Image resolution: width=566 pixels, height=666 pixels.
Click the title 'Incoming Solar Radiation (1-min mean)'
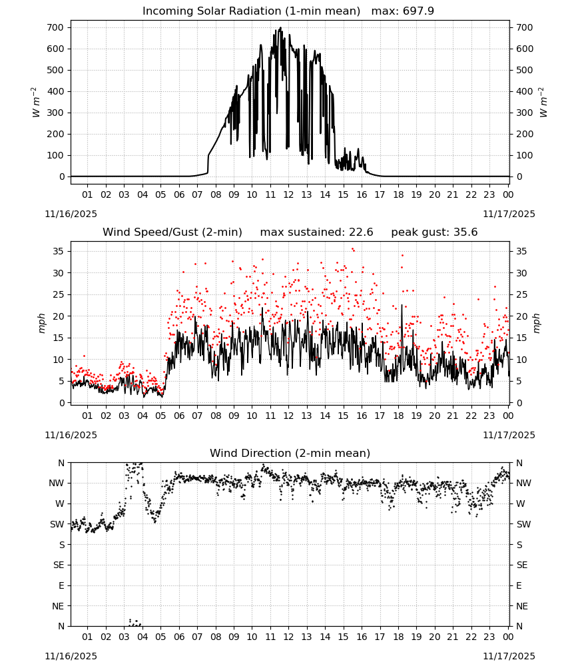click(251, 11)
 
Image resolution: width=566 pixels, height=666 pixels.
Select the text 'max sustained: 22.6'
click(316, 232)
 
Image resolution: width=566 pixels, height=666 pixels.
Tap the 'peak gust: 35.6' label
click(434, 232)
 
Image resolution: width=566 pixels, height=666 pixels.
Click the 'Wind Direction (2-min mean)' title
click(290, 453)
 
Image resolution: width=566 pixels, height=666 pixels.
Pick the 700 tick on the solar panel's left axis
click(56, 27)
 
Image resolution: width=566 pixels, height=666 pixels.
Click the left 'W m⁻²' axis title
click(36, 102)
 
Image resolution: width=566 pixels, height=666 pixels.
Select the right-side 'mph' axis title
click(536, 323)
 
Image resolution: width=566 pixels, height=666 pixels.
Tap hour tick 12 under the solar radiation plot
click(288, 194)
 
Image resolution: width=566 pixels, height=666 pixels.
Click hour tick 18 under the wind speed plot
click(398, 416)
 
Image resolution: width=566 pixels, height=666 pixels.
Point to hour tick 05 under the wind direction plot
click(160, 637)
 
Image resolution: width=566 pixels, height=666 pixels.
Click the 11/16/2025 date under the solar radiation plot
click(71, 214)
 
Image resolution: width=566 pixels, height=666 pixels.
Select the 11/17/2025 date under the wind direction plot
click(509, 656)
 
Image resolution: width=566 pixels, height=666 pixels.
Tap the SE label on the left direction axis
click(59, 565)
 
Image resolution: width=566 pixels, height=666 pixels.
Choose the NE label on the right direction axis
click(522, 606)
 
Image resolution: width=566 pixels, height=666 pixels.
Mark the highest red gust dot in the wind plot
click(352, 249)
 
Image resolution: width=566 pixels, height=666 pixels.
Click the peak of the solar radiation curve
click(280, 28)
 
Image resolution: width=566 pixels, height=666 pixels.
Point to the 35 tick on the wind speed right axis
click(521, 252)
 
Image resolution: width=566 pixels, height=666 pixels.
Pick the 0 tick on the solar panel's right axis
click(519, 176)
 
